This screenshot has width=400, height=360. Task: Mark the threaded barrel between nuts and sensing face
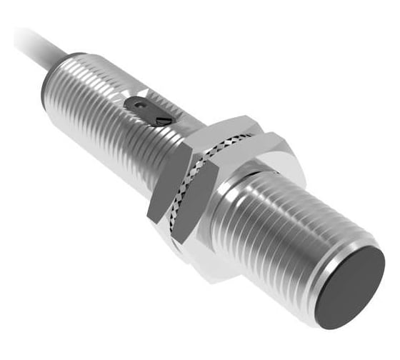(286, 221)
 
